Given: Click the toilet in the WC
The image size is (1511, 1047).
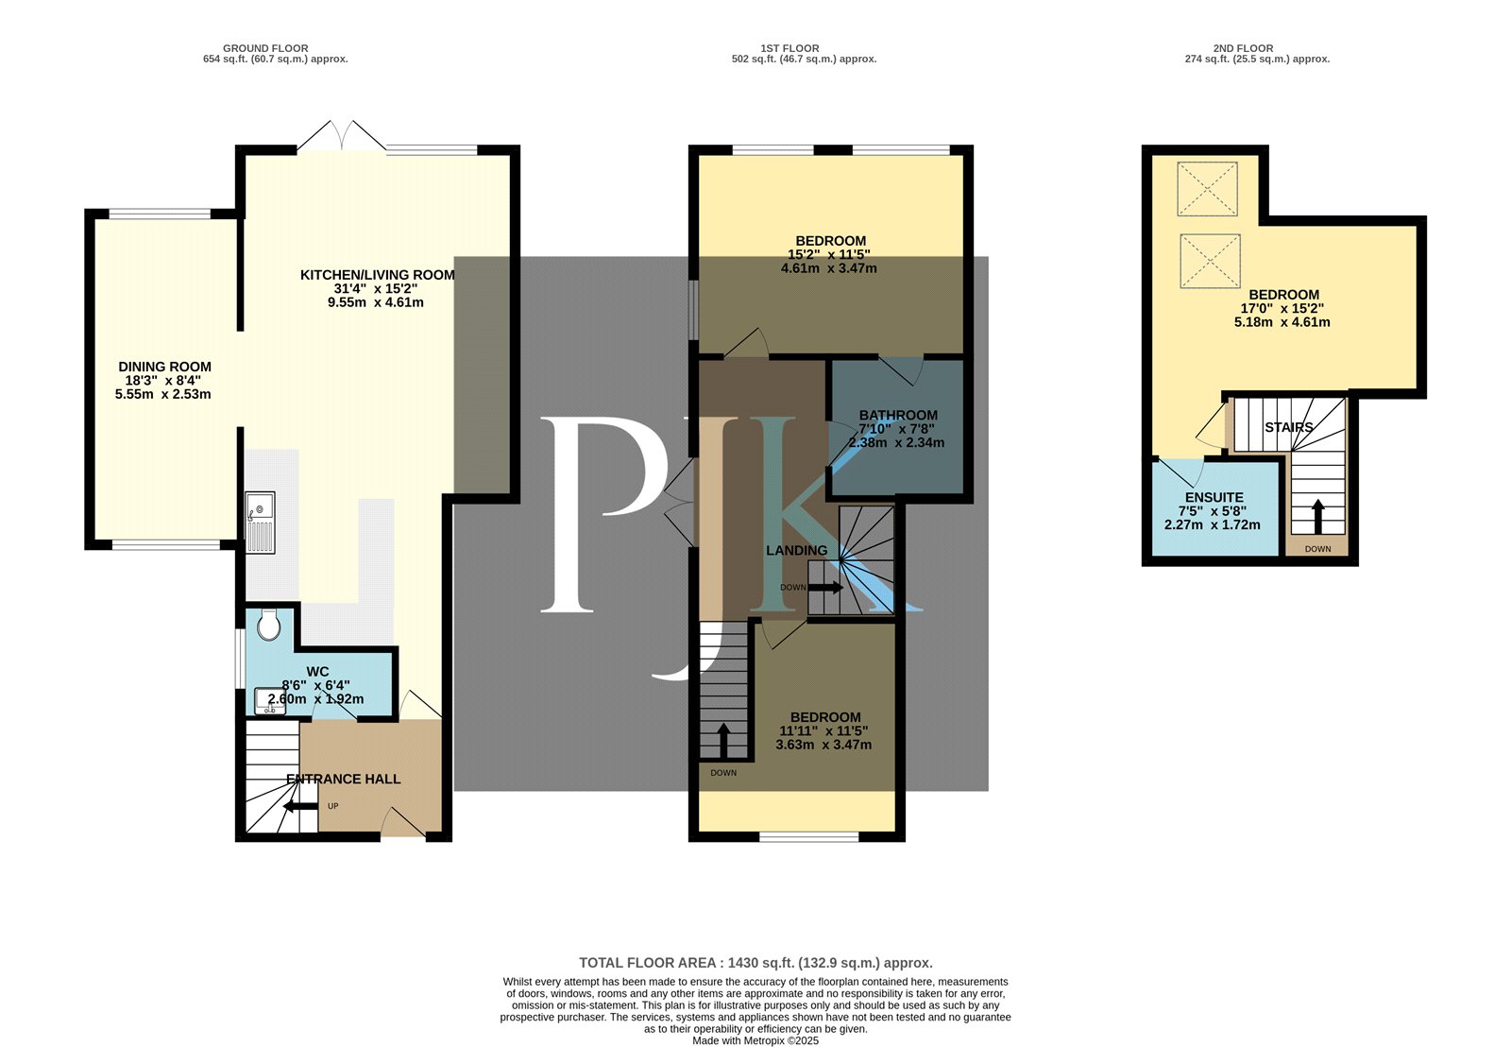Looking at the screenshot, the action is (268, 625).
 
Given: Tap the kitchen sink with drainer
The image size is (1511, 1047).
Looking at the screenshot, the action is (260, 523).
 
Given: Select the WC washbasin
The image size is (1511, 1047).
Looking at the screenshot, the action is (270, 701).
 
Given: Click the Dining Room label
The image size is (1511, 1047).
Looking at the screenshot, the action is (164, 367).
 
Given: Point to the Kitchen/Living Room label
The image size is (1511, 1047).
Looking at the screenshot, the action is (377, 275).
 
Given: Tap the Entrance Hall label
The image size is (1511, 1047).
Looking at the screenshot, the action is (344, 779).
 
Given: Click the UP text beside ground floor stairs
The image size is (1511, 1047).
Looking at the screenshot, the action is (333, 806).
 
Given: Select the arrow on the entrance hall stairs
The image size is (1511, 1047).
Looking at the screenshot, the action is (300, 806).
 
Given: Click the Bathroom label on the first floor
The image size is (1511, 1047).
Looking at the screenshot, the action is (898, 415).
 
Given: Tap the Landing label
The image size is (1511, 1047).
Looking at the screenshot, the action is (797, 550).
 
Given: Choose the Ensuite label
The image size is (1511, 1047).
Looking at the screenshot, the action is (1214, 497).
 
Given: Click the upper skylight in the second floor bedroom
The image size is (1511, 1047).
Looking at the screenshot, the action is (1208, 189).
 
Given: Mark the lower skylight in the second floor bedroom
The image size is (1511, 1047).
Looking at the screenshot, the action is (1210, 261).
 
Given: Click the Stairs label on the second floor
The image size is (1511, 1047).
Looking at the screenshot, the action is (1289, 427).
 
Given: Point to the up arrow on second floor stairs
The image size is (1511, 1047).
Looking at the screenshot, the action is (1318, 513).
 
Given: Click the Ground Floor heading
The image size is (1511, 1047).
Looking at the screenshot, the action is (265, 48).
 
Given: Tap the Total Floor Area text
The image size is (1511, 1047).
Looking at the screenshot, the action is (755, 963).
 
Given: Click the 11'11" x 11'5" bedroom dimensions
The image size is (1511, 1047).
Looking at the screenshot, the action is (823, 730).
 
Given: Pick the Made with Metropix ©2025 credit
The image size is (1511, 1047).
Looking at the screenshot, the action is (755, 1040).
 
